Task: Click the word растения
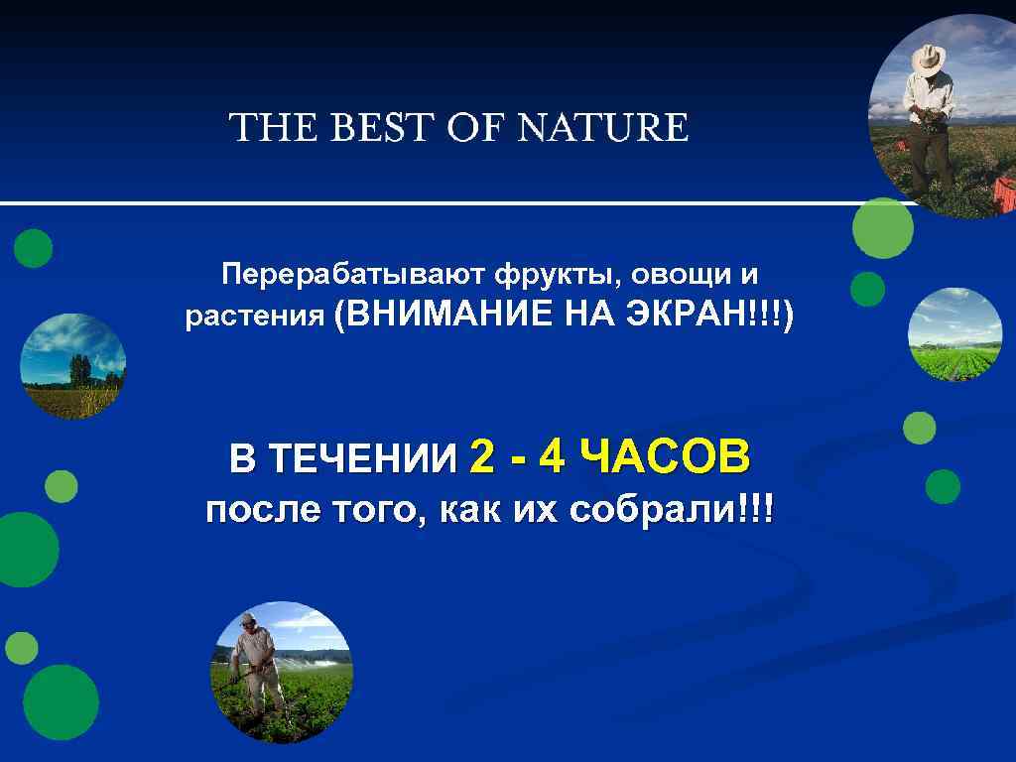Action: tap(255, 317)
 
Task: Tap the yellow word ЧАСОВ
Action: tap(665, 457)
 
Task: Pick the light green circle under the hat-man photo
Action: tap(882, 228)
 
